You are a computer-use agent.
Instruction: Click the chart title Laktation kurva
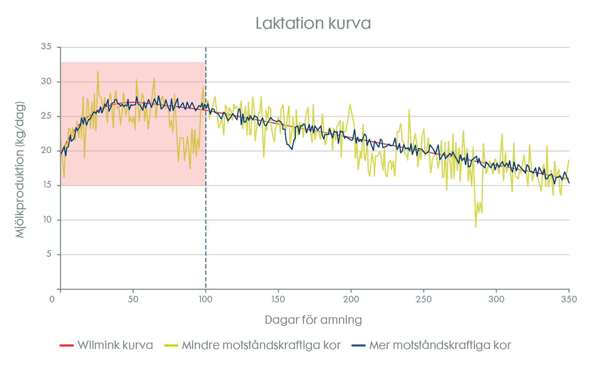click(313, 23)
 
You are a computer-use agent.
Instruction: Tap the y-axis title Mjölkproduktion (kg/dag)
click(20, 170)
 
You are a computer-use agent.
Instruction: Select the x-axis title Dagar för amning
click(313, 320)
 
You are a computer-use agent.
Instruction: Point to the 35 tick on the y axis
click(46, 47)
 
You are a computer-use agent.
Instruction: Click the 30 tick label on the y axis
click(46, 82)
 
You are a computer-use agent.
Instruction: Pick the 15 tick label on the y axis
click(46, 185)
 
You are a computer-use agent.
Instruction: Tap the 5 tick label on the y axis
click(49, 254)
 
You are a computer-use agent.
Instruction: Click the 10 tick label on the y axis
click(46, 220)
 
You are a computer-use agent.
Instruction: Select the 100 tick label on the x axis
click(205, 299)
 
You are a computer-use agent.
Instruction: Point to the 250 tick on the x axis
click(424, 299)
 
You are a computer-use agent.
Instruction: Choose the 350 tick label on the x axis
click(569, 299)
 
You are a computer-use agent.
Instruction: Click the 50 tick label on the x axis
click(133, 299)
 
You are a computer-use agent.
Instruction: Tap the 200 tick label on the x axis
click(351, 299)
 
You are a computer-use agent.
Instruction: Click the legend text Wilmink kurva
click(115, 345)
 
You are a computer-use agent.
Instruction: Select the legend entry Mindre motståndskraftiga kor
click(261, 345)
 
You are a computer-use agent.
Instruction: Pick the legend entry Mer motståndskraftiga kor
click(440, 345)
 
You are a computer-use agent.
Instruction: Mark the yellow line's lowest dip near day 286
click(476, 227)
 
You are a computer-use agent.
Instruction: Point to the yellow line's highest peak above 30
click(98, 72)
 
